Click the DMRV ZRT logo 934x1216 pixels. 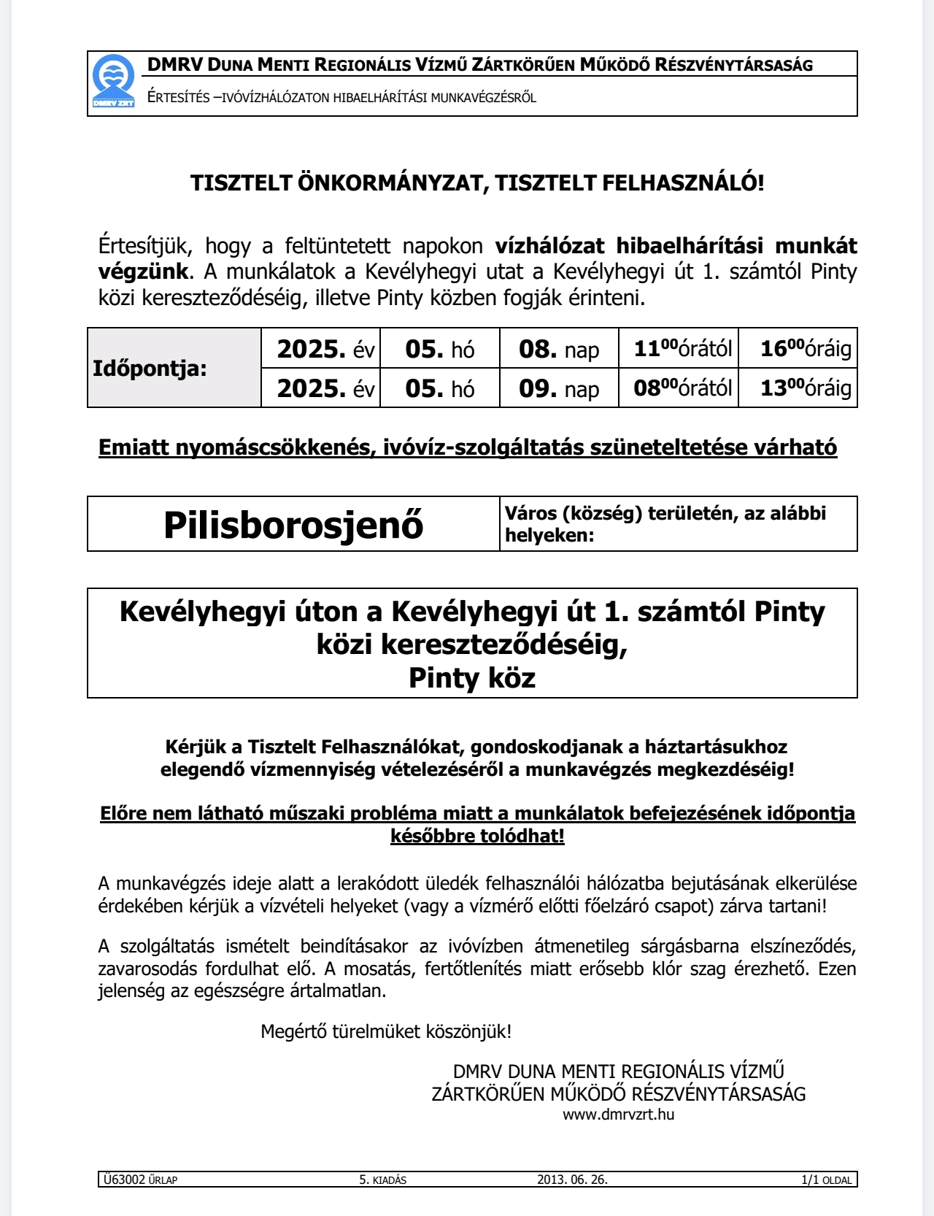(114, 82)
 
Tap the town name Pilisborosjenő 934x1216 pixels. (293, 524)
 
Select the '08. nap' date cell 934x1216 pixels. (559, 349)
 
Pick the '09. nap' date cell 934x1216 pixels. (559, 388)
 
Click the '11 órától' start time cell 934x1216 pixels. (682, 348)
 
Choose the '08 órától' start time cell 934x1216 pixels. (682, 388)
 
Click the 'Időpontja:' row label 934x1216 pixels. (150, 369)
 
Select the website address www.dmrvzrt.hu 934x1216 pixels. (618, 1115)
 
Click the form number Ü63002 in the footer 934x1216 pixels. (125, 1180)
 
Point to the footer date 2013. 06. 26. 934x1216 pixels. (572, 1180)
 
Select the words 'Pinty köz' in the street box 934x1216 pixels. (472, 678)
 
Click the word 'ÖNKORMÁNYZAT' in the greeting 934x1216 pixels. (393, 182)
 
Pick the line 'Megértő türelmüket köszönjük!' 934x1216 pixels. (386, 1031)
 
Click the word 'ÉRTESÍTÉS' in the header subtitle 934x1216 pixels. (179, 98)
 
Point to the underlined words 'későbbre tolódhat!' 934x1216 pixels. (477, 836)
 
